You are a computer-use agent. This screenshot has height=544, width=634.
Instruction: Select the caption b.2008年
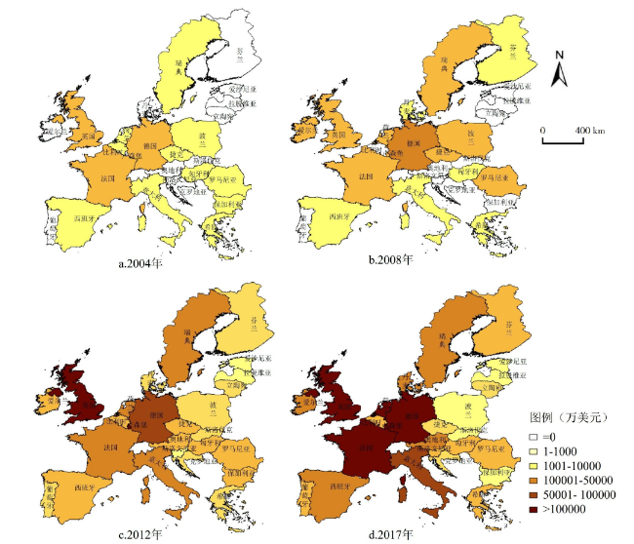[390, 260]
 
